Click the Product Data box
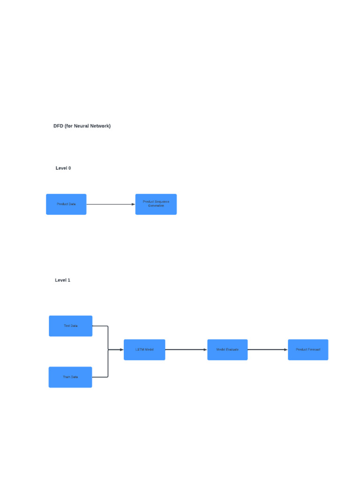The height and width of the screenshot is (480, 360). tap(66, 204)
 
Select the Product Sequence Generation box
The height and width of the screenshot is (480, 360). tap(156, 204)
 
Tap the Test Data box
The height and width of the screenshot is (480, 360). tap(70, 326)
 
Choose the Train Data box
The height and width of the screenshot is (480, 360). tap(70, 377)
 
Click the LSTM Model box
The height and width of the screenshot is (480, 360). tap(144, 350)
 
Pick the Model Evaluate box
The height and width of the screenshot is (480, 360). tap(227, 350)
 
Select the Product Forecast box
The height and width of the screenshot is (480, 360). tap(308, 350)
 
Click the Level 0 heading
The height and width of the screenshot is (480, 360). tap(63, 168)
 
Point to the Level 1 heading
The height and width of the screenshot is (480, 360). tap(62, 280)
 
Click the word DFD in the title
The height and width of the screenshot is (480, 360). tap(58, 126)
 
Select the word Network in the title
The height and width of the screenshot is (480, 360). tap(100, 126)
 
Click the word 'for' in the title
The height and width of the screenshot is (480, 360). tap(68, 126)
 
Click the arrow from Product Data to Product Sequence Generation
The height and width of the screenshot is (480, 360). tap(111, 204)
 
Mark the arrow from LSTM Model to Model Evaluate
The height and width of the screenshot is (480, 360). tap(186, 350)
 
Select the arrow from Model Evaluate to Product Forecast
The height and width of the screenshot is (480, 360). tap(267, 350)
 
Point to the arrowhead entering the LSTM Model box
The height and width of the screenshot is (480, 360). tap(121, 350)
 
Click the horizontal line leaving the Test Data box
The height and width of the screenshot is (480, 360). tap(100, 326)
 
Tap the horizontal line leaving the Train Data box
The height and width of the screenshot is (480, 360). tap(100, 377)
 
